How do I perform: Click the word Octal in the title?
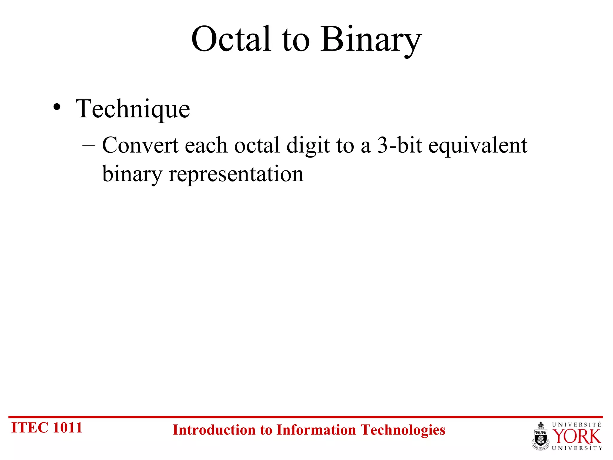point(231,39)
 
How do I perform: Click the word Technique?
point(133,109)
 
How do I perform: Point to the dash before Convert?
point(88,145)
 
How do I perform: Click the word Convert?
point(140,145)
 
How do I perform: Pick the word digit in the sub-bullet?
point(308,146)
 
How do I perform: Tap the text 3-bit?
point(399,145)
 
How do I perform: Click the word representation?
point(236,175)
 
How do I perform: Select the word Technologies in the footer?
point(403,430)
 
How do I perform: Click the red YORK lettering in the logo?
point(576,437)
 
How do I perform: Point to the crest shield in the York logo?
point(541,437)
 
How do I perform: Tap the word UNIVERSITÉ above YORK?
point(576,425)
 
